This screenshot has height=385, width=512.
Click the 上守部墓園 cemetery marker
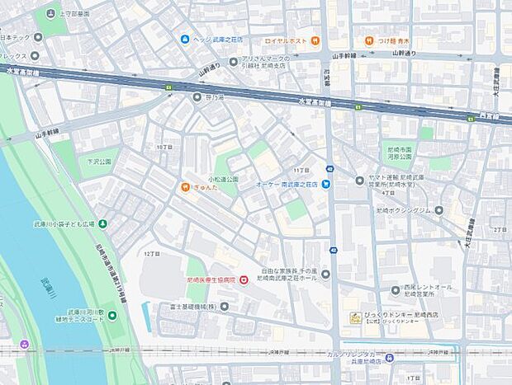click(x=52, y=13)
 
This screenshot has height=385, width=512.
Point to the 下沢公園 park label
click(x=98, y=162)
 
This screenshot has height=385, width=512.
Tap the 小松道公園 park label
click(x=223, y=178)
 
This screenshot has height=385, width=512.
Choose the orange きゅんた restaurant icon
click(x=185, y=186)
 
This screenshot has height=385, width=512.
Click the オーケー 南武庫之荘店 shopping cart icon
click(x=326, y=185)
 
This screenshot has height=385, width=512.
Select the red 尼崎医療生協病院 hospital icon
click(x=244, y=281)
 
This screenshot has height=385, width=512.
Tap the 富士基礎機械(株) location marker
click(x=201, y=306)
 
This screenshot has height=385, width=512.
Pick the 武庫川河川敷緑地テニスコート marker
click(x=112, y=315)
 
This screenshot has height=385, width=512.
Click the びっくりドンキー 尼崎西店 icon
click(x=354, y=317)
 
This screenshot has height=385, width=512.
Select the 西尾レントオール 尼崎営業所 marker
click(x=396, y=289)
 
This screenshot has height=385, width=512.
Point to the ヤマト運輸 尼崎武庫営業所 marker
click(x=359, y=181)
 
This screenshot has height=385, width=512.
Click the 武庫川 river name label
click(x=49, y=289)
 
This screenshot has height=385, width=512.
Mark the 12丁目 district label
click(x=150, y=254)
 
